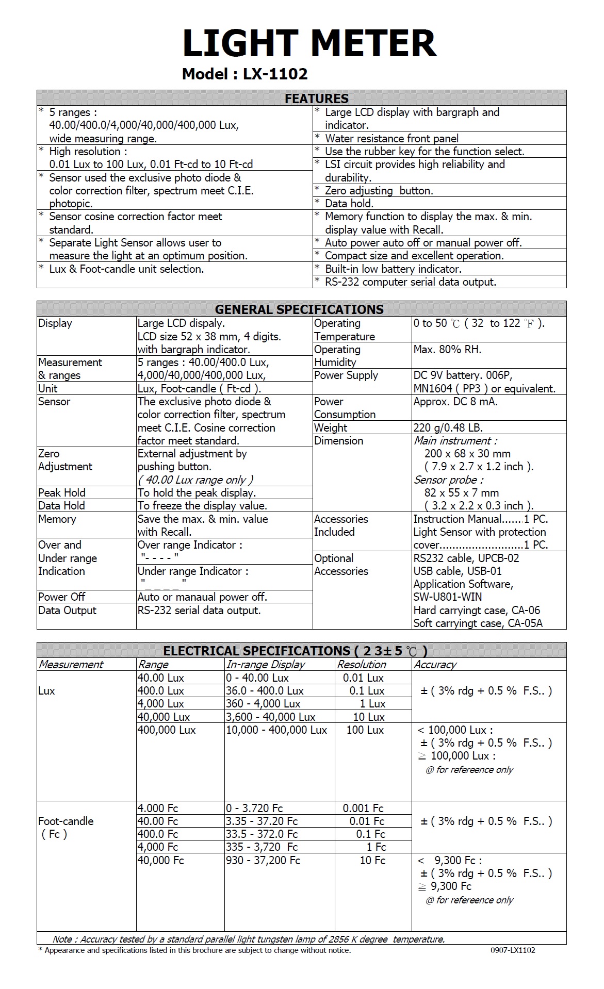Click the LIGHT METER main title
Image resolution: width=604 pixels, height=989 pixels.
309,43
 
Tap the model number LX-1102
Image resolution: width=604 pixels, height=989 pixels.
275,74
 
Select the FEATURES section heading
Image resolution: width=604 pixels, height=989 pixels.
317,98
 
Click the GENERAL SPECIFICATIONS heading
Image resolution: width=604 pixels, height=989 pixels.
299,309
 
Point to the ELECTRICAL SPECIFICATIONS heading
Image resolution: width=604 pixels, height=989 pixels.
295,651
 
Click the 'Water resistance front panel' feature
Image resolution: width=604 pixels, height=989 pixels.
391,138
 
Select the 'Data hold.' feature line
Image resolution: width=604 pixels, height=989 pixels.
349,204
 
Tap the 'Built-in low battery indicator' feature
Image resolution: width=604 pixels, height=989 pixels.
393,269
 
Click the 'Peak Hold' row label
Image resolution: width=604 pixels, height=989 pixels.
62,493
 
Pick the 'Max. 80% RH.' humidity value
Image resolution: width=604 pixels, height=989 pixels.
447,350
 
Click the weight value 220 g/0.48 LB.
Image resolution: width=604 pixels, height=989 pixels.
448,428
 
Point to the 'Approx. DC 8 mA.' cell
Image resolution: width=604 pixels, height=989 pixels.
455,402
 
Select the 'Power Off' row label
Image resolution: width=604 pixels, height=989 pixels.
62,597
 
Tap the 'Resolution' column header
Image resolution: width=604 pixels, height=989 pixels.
362,665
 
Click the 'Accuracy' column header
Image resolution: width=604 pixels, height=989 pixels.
435,665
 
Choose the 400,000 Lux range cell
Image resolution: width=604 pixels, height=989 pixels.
167,730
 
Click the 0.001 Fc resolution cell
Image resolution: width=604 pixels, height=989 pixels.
363,809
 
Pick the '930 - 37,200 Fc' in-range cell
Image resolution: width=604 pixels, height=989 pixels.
263,861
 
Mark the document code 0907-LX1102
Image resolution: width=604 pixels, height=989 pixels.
513,950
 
